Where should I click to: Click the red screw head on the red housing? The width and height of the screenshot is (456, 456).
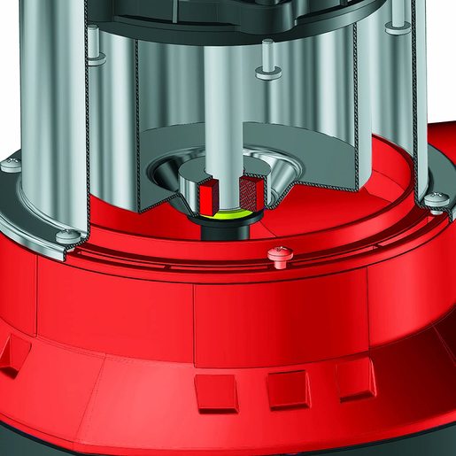(x=277, y=257)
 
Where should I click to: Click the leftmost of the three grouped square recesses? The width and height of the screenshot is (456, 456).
(x=216, y=390)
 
